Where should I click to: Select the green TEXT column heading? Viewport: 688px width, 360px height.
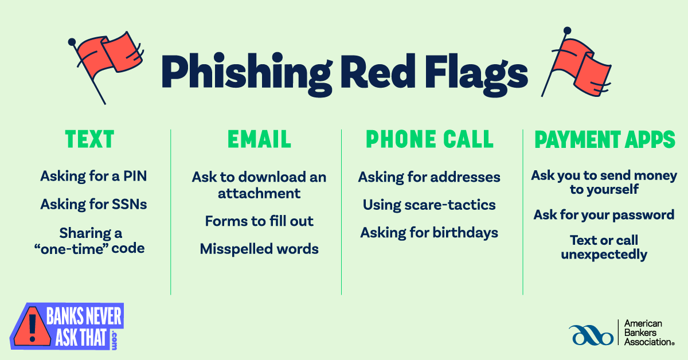click(x=89, y=139)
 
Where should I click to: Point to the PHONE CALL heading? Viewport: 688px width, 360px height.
click(x=429, y=139)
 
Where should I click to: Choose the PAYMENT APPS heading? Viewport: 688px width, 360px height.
click(x=605, y=139)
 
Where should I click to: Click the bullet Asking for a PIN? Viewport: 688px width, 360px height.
click(x=93, y=176)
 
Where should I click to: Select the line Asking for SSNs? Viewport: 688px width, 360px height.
click(x=93, y=204)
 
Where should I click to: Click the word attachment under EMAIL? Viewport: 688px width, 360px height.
click(x=259, y=193)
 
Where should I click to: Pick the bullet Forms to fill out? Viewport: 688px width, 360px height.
click(x=259, y=221)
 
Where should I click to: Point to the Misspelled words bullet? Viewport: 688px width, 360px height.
click(x=259, y=249)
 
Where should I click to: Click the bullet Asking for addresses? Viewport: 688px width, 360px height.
click(x=429, y=177)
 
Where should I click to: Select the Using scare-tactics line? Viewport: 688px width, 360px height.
click(x=429, y=205)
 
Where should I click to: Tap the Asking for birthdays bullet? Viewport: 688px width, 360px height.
click(x=429, y=232)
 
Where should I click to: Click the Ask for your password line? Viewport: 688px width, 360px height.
click(x=604, y=215)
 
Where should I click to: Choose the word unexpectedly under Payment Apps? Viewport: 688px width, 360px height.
click(x=604, y=254)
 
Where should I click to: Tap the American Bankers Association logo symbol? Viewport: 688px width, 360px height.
click(x=591, y=334)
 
